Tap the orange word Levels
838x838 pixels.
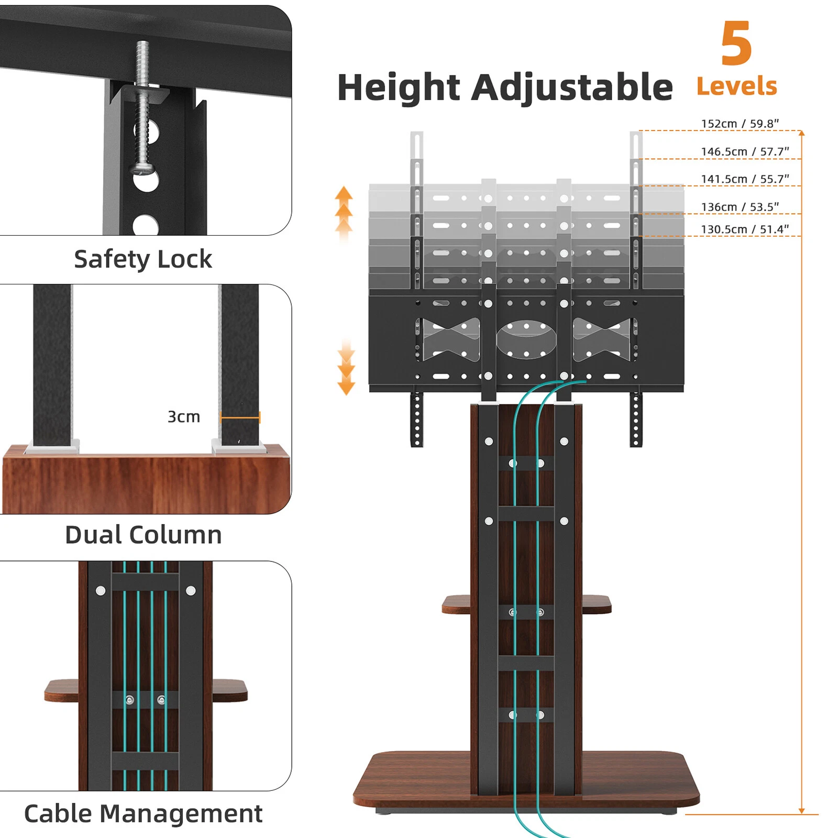736,86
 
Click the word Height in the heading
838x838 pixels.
398,87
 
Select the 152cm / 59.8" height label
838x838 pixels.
740,124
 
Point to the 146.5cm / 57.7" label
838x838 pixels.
744,151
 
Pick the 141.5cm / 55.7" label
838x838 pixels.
744,179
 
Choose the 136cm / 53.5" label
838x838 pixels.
740,207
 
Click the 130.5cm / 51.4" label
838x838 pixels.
744,229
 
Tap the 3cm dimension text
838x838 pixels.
183,417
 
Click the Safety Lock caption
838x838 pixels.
143,259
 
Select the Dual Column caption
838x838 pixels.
143,535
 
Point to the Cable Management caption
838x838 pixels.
143,814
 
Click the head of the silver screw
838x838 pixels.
140,169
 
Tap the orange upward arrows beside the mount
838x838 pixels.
344,210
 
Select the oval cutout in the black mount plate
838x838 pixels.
526,339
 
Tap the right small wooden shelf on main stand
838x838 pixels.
597,604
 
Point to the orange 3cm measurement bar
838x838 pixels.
240,417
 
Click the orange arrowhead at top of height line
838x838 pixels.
801,133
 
